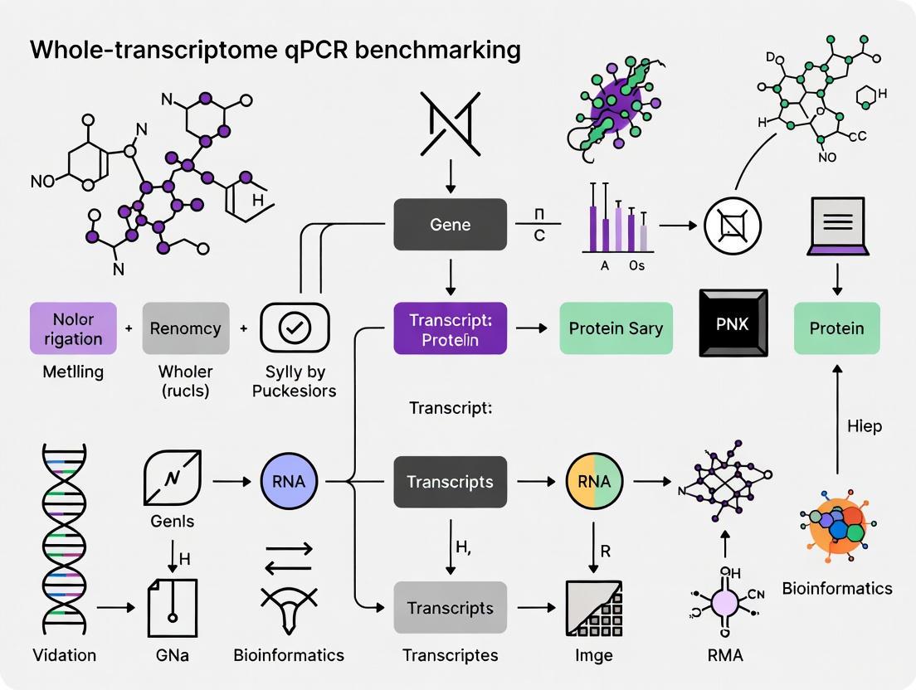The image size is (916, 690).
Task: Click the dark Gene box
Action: (450, 225)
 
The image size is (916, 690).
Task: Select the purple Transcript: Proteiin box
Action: (450, 328)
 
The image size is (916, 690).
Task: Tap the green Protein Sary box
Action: (616, 328)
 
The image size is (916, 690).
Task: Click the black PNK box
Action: (733, 323)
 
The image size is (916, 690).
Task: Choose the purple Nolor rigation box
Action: (73, 328)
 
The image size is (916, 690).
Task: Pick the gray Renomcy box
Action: (186, 328)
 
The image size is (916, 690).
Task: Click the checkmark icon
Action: (295, 328)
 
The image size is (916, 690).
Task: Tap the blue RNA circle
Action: (290, 482)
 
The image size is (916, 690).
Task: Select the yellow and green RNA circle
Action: (594, 482)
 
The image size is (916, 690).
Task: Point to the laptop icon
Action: (836, 226)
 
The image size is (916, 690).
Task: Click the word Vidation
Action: (65, 655)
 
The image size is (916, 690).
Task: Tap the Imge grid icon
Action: (594, 608)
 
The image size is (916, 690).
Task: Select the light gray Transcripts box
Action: (450, 608)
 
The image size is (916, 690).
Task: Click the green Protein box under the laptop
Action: (836, 328)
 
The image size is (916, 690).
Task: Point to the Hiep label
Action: (865, 426)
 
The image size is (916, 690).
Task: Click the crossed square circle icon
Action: (733, 225)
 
